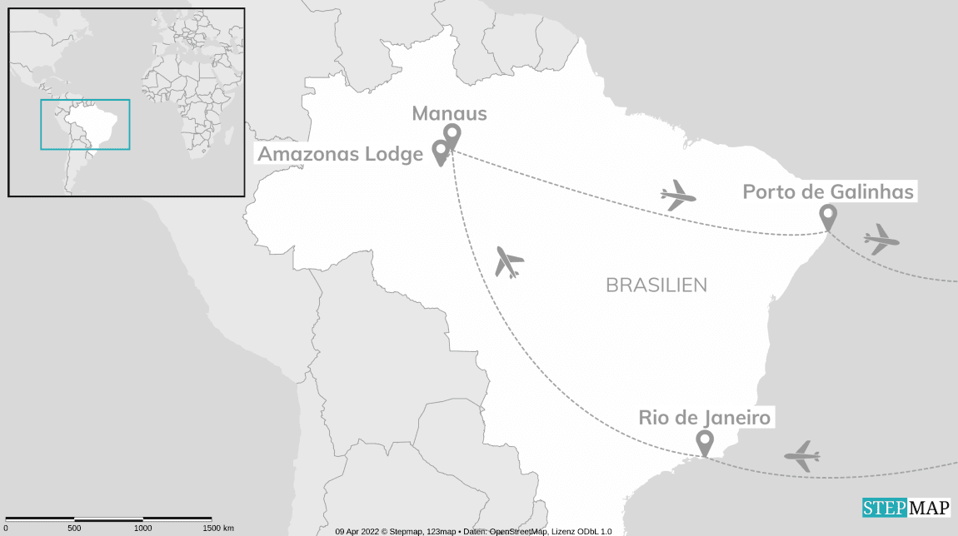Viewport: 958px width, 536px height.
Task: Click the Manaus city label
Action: coord(449,114)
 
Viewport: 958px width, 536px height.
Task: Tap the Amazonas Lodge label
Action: coord(340,154)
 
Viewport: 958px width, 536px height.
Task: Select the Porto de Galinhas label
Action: coord(828,192)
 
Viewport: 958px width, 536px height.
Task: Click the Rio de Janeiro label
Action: coord(705,417)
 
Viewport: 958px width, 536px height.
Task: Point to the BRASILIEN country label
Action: coord(656,285)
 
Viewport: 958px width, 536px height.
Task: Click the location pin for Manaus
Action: coord(452,134)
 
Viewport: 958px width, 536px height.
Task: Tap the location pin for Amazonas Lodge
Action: coord(440,151)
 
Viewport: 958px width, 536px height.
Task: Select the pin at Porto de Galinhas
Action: coord(827,215)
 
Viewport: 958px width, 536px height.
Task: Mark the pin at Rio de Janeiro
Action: coord(705,441)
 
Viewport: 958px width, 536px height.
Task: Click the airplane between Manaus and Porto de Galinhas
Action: coord(678,196)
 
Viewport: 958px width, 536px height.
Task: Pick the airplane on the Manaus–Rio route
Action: coord(507,262)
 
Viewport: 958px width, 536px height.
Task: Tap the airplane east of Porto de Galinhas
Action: coord(881,240)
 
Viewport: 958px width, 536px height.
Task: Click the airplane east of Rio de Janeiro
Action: coord(802,456)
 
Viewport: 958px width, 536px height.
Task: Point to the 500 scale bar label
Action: coord(74,529)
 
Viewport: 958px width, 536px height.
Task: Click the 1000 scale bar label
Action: coord(142,529)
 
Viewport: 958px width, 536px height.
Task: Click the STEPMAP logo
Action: coord(906,507)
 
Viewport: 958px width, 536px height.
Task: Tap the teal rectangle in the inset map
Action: coord(85,125)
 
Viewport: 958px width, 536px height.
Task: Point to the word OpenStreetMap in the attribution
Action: coord(518,531)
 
